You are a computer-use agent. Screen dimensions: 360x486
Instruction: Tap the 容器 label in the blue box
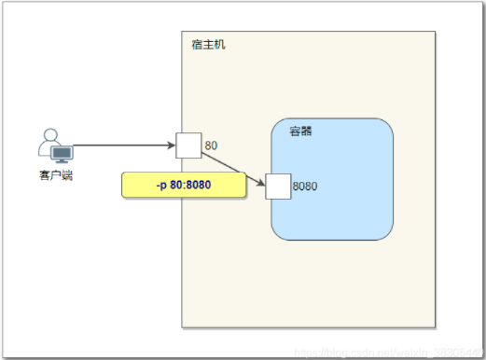[300, 132]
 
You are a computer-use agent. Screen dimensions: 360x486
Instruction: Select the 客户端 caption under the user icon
[56, 174]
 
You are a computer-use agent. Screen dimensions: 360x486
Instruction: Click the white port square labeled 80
[188, 145]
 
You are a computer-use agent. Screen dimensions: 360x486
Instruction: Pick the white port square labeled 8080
[278, 187]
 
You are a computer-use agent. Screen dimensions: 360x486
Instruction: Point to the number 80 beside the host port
[211, 145]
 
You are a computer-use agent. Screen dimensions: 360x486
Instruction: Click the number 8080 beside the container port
[305, 187]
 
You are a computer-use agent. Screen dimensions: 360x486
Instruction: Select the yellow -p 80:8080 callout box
[184, 185]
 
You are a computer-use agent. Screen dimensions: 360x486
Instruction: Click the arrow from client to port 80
[121, 145]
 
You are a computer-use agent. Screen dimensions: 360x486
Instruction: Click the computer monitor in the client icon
[62, 153]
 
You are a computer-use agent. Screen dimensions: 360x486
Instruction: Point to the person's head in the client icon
[51, 136]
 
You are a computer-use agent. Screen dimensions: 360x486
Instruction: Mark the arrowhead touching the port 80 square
[172, 145]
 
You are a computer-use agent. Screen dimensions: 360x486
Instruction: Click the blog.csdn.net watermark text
[392, 353]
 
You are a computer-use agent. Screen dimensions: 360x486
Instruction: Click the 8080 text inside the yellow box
[198, 185]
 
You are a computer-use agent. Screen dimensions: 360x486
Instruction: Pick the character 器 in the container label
[306, 132]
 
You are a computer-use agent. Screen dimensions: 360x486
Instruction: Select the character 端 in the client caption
[67, 174]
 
